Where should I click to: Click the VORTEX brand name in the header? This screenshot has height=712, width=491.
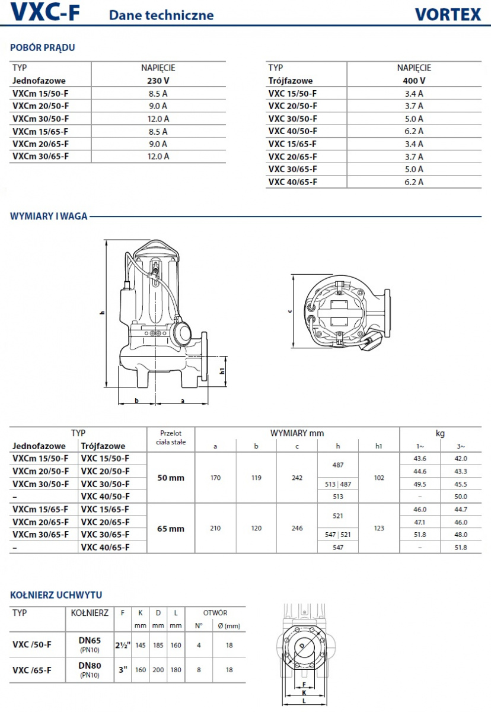[447, 14]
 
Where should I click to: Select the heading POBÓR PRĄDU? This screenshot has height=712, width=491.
[43, 47]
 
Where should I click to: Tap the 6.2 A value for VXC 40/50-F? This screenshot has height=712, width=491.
[414, 131]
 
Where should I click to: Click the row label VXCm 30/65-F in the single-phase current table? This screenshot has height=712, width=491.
[40, 156]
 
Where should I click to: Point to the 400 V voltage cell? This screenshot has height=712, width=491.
[414, 80]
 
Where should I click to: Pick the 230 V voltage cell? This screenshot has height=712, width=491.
[158, 80]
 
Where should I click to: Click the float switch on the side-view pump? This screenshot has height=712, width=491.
[183, 332]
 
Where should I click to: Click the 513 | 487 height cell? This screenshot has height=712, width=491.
[338, 484]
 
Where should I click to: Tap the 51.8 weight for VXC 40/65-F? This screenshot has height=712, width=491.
[460, 548]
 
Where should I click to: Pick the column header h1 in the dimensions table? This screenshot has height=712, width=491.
[379, 446]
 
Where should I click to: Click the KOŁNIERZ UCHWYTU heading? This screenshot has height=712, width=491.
[56, 595]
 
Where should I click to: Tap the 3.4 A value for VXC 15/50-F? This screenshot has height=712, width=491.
[414, 93]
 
